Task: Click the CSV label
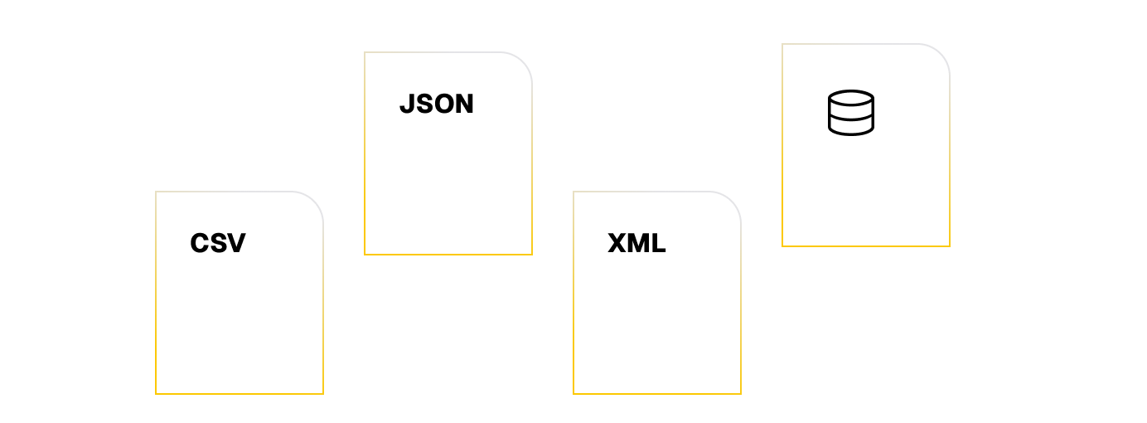click(x=218, y=243)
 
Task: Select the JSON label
click(x=436, y=104)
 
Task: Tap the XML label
click(x=636, y=243)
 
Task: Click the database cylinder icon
click(x=851, y=113)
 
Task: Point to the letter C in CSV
click(x=200, y=243)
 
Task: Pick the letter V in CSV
click(x=236, y=243)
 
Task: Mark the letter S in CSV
click(x=218, y=243)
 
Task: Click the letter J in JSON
click(x=406, y=104)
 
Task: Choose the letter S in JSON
click(x=423, y=104)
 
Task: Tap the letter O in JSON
click(x=442, y=104)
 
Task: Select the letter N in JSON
click(x=463, y=104)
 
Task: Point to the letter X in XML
click(x=617, y=243)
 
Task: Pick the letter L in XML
click(x=658, y=243)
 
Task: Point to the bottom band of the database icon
click(x=851, y=128)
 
